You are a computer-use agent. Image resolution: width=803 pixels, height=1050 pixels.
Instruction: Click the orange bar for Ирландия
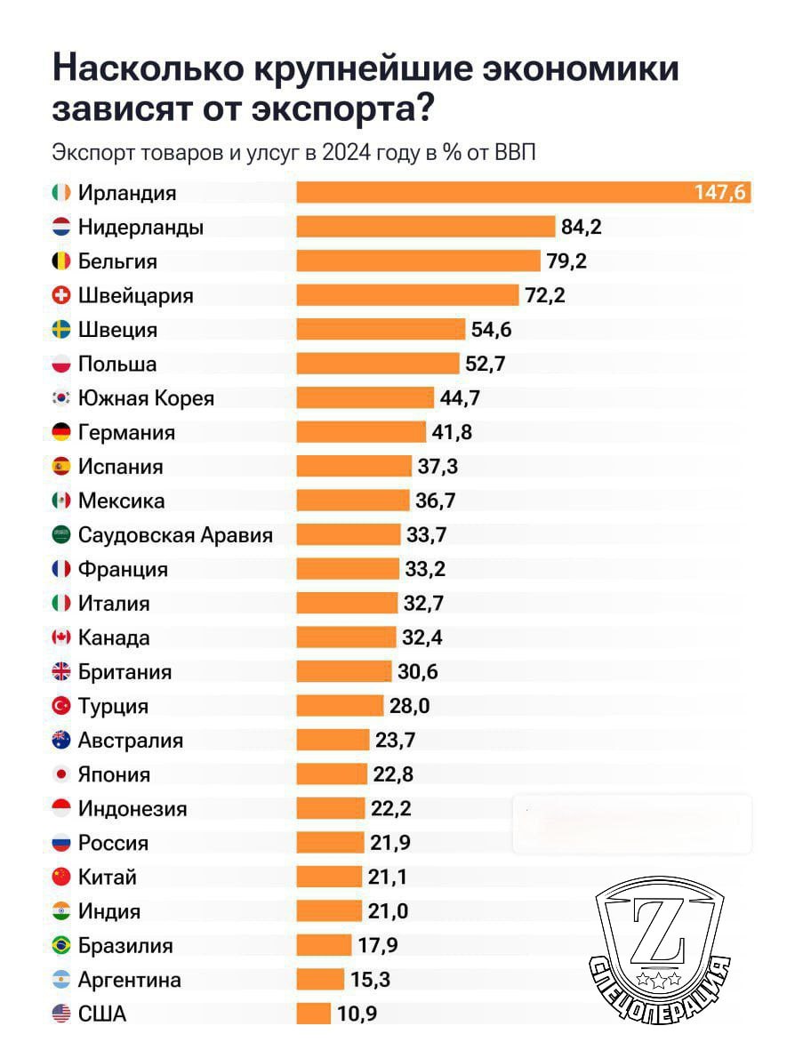tap(523, 192)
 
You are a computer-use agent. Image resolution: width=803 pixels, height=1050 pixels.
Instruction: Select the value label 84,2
tap(582, 227)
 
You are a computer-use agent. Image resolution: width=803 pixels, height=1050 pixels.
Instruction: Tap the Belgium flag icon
tap(61, 261)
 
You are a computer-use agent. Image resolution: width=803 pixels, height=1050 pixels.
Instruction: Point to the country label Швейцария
tap(135, 295)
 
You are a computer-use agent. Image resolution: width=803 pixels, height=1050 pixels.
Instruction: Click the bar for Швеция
tap(381, 330)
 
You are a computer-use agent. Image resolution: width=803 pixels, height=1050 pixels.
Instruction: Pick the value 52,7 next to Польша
tap(485, 364)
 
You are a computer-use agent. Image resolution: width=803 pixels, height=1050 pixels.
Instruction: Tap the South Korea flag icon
tap(61, 398)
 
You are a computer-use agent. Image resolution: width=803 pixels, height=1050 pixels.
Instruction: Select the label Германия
tap(126, 433)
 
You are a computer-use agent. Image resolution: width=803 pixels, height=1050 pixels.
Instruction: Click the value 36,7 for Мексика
tap(436, 501)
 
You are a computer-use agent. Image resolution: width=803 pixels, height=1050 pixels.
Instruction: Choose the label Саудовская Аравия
tap(175, 535)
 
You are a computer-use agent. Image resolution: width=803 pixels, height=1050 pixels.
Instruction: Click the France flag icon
tap(61, 569)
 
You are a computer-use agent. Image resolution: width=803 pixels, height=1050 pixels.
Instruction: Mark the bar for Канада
tap(346, 637)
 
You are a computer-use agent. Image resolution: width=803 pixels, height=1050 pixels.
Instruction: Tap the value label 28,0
tap(410, 706)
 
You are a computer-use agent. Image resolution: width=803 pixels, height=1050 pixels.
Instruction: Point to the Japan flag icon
tap(61, 774)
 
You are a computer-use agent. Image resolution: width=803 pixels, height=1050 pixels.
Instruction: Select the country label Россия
tap(113, 843)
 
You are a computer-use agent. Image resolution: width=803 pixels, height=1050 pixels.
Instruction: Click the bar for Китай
tap(329, 878)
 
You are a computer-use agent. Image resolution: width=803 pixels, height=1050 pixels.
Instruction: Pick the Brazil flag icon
tap(61, 946)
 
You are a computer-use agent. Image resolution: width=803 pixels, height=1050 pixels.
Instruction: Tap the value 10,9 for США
tap(357, 1014)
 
